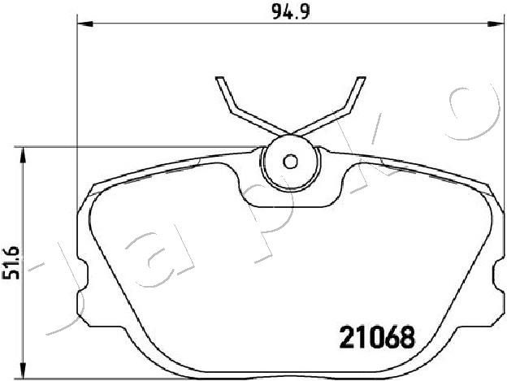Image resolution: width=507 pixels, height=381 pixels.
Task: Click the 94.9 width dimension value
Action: tap(291, 12)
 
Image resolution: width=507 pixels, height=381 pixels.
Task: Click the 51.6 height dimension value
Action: tap(11, 262)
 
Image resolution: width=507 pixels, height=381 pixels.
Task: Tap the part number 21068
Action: tap(377, 337)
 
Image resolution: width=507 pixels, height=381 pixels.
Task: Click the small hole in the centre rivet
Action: tap(290, 162)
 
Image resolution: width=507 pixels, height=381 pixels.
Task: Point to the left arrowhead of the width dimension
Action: tap(85, 24)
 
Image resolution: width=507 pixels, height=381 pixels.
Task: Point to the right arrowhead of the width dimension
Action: tap(496, 24)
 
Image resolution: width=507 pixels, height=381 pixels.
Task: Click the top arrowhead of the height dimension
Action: tap(23, 155)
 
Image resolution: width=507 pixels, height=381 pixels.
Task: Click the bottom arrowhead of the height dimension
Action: tap(23, 369)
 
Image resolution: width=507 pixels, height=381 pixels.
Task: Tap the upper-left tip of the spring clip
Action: tap(219, 78)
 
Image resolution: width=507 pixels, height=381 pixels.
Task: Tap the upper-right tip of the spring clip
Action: tap(362, 78)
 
